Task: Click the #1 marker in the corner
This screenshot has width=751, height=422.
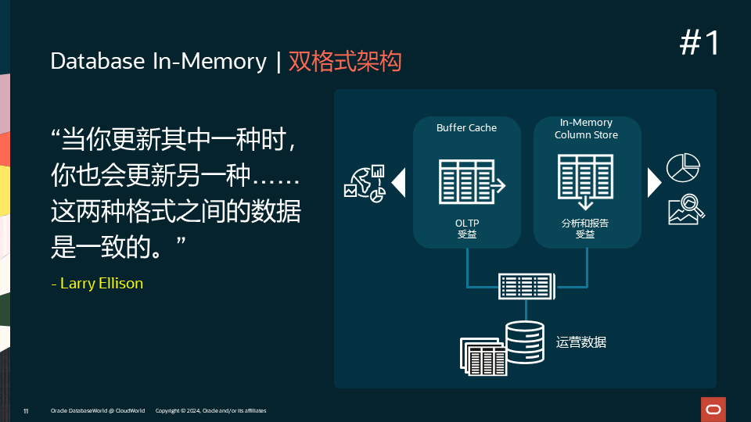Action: tap(699, 44)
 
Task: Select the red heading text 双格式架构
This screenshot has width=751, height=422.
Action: tap(345, 62)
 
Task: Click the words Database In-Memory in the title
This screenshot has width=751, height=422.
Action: tap(158, 62)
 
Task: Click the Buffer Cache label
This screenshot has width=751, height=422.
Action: tap(466, 127)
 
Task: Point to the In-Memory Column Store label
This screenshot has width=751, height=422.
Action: tap(586, 129)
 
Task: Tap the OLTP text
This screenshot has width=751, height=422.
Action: tap(466, 224)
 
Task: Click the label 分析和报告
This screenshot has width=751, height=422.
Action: tap(585, 224)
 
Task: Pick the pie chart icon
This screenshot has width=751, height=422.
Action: tap(682, 166)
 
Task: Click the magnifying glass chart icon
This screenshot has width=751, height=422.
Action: tap(686, 208)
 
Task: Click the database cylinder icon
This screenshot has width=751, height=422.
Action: tap(524, 342)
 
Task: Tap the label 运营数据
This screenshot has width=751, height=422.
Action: tap(581, 342)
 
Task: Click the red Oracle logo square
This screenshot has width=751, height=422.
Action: tap(713, 409)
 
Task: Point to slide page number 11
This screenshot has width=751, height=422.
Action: tap(26, 411)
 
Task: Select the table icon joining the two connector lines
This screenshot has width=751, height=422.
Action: tap(526, 286)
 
